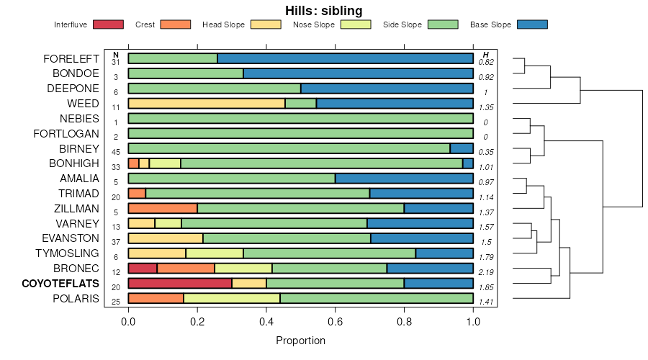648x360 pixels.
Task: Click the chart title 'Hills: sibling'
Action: (x=323, y=10)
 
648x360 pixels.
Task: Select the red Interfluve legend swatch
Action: (x=108, y=24)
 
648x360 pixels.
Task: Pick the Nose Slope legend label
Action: (x=314, y=24)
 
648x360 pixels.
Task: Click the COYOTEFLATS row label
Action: (x=60, y=284)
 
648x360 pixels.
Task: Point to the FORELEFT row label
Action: (x=71, y=58)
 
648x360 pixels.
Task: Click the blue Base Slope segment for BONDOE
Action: (x=358, y=73)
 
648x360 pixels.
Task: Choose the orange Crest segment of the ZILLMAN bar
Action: (x=163, y=208)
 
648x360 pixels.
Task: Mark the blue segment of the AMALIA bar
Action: (x=404, y=178)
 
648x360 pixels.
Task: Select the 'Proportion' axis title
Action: (x=300, y=341)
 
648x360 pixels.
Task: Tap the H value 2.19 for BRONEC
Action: (x=486, y=271)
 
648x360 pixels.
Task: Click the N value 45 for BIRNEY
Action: (x=116, y=152)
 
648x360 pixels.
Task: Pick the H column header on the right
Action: (x=486, y=55)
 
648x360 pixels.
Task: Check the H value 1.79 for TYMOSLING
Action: (x=486, y=256)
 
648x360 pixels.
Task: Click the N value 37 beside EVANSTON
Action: (x=116, y=242)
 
